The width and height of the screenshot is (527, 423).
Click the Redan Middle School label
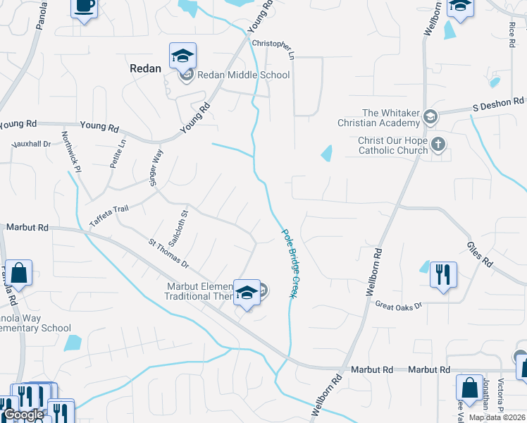coord(243,75)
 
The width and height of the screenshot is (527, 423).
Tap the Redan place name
coord(146,68)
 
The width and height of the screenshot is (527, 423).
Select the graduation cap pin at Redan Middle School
coord(183,55)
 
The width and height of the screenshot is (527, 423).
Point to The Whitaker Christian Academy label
coord(391,118)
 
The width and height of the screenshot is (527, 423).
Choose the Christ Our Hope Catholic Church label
coord(393,145)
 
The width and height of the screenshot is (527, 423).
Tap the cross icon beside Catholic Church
coord(438,145)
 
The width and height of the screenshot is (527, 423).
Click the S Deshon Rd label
coord(499,106)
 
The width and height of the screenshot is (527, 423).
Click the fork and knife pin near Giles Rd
coord(443,274)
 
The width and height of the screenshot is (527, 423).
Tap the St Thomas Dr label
coord(168,253)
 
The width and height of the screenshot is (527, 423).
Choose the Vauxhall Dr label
coord(31,144)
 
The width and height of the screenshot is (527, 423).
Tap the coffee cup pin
coord(84,7)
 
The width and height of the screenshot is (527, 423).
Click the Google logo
coord(24,415)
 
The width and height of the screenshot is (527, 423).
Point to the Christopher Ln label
coord(272,48)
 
